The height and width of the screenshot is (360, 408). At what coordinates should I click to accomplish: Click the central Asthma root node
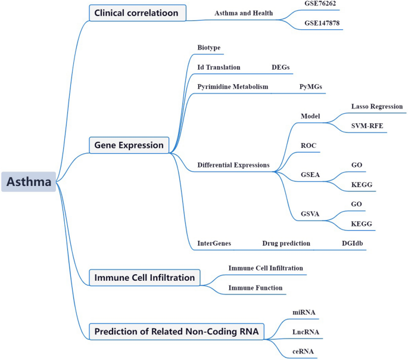click(29, 182)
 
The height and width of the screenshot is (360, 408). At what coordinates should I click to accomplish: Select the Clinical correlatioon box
click(138, 13)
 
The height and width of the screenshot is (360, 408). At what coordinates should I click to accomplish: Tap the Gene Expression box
click(129, 145)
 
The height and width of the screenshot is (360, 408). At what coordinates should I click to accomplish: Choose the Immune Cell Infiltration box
click(144, 278)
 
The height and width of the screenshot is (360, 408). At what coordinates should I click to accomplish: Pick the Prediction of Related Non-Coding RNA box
click(176, 331)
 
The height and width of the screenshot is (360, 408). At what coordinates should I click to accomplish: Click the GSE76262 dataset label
click(320, 4)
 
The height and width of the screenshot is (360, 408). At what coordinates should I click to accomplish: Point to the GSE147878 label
click(322, 23)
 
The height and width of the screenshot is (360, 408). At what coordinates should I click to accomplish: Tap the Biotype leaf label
click(209, 47)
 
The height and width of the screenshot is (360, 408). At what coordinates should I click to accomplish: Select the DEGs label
click(281, 67)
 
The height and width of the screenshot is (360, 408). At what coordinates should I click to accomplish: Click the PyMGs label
click(311, 86)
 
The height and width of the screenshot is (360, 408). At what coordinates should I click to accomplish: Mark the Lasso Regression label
click(377, 107)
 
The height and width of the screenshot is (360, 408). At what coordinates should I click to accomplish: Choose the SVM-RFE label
click(367, 126)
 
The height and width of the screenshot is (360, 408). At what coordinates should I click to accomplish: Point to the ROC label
click(309, 145)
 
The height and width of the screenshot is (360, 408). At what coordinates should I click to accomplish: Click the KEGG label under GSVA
click(362, 224)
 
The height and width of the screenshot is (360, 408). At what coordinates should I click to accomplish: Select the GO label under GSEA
click(357, 165)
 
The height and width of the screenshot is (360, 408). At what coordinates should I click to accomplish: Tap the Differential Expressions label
click(233, 165)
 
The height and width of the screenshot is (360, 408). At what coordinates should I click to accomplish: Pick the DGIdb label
click(353, 243)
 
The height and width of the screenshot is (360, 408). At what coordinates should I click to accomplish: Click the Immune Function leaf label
click(256, 288)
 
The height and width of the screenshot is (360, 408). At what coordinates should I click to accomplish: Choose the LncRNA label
click(306, 332)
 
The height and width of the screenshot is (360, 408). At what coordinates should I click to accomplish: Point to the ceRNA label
click(303, 352)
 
